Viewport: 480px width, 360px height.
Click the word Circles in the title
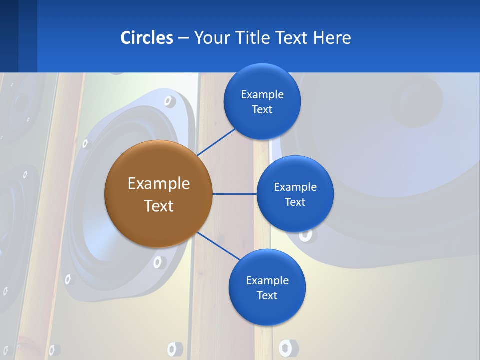point(147,38)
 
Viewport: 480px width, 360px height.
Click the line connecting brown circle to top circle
point(216,142)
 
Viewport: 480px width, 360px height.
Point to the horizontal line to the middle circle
point(234,194)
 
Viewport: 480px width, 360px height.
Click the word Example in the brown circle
point(158,184)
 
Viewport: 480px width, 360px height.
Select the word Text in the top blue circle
point(262,110)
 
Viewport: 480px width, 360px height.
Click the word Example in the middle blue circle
point(295,187)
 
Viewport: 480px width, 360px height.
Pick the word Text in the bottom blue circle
point(267,296)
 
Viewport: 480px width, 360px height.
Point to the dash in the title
point(183,38)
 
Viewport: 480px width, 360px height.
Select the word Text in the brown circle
point(158,206)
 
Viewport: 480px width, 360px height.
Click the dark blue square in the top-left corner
point(9,36)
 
